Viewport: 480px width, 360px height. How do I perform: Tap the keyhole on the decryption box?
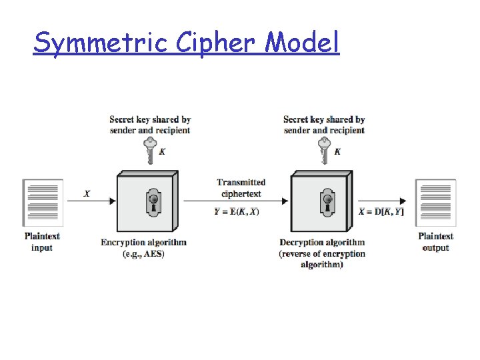(327, 202)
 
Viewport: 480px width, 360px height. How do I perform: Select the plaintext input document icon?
(43, 202)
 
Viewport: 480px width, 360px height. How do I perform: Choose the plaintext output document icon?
(435, 202)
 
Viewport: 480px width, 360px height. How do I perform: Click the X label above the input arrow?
(87, 194)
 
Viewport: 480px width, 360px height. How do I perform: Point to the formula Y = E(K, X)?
(237, 212)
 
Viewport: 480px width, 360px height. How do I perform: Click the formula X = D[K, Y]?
(381, 212)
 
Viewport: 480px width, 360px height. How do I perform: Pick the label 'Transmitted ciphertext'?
(241, 188)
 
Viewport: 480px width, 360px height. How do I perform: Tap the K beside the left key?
(162, 152)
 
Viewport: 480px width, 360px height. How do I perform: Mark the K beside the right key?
(337, 152)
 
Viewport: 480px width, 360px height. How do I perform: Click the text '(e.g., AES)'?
(143, 254)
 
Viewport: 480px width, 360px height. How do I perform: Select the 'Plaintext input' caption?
(42, 242)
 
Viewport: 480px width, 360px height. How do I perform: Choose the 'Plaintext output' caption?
(435, 242)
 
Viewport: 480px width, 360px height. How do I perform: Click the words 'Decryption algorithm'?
(322, 243)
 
